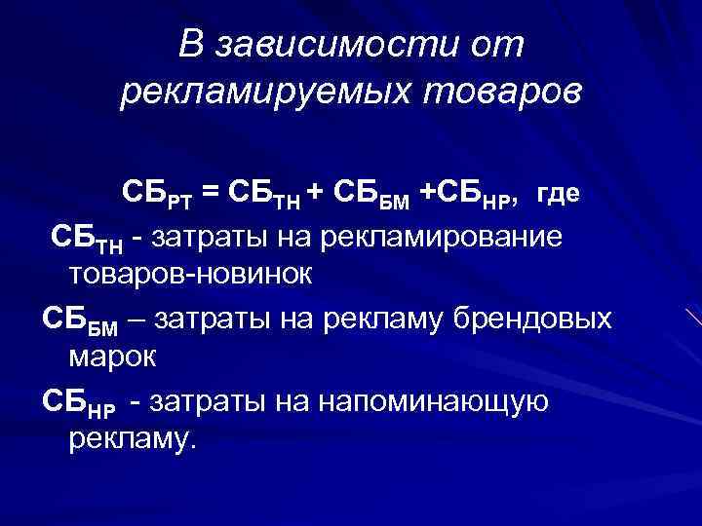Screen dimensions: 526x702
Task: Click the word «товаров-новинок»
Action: [190, 275]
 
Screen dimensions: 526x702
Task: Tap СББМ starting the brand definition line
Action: [80, 320]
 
